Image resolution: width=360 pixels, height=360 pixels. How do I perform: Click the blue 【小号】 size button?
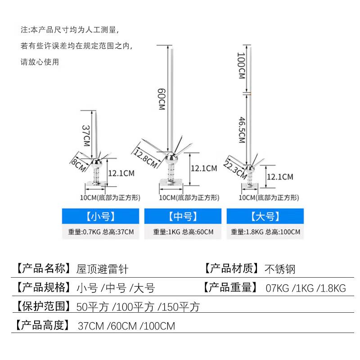point(100,216)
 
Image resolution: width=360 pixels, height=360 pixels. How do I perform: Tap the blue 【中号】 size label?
point(183,216)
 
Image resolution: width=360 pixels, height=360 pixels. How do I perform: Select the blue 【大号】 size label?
point(265,216)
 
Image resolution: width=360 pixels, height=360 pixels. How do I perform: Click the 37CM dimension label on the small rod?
point(86,136)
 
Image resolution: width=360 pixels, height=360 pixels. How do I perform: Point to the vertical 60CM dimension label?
point(162,99)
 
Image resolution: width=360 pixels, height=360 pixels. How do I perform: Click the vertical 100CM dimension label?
point(241,66)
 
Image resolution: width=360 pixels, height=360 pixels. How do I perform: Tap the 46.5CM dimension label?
point(242,130)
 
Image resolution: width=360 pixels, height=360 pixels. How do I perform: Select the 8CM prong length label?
point(78,164)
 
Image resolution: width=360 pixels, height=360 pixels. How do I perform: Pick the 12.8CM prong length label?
point(145,158)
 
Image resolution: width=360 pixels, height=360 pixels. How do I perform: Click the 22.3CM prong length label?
point(235,170)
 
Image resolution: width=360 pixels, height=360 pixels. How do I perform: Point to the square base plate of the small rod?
point(96,184)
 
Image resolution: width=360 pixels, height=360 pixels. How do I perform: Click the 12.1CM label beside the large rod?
point(280,177)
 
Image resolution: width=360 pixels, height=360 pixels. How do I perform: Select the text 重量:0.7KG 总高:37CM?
point(101,232)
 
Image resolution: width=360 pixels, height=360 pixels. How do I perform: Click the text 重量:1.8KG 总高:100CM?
point(265,232)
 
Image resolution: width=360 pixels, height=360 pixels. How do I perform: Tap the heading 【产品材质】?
point(232,268)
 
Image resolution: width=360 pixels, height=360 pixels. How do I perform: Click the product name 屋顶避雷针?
point(102,269)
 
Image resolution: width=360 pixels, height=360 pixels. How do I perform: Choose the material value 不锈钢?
point(280,269)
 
